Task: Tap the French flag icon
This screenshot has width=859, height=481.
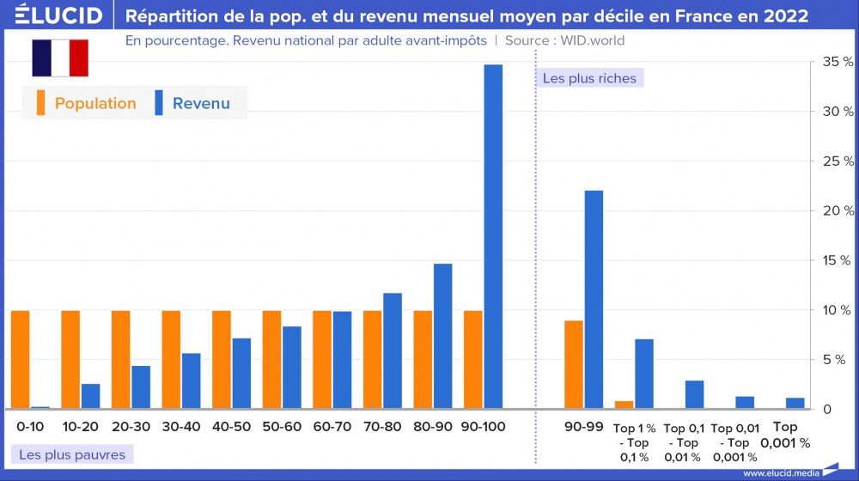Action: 60,58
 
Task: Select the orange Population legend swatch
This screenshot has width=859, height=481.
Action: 40,103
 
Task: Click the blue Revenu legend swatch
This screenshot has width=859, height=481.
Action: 158,103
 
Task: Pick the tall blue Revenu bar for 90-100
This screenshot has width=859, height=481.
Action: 493,236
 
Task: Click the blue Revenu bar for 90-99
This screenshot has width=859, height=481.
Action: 594,299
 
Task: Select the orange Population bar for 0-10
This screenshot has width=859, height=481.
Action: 21,359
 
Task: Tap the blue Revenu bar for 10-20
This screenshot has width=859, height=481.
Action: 90,396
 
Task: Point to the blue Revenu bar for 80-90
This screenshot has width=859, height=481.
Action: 442,336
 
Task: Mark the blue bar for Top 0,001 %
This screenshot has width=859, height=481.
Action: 795,403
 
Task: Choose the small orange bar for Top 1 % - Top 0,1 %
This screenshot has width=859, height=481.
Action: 624,405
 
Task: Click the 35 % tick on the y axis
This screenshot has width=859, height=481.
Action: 838,62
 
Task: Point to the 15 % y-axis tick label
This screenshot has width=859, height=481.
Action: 838,260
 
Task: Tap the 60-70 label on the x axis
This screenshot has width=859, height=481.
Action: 332,427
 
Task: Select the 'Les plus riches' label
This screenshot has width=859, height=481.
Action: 589,78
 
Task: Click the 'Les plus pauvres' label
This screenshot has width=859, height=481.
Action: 72,454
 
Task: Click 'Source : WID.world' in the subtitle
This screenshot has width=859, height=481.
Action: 564,40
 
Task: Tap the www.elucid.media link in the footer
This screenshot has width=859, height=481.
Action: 780,472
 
